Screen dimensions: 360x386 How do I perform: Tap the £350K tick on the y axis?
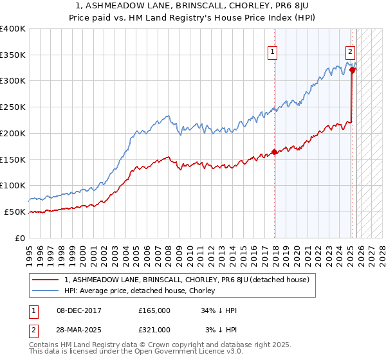click(x=13, y=55)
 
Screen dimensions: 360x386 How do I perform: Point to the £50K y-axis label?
click(x=15, y=212)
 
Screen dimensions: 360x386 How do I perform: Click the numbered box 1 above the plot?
click(x=272, y=53)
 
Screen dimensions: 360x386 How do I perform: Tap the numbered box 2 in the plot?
click(x=350, y=53)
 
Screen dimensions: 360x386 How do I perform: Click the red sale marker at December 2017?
click(x=275, y=152)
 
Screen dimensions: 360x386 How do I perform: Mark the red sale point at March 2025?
click(x=353, y=70)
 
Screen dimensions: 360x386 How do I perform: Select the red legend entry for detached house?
click(x=187, y=280)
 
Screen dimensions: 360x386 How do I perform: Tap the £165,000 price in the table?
click(x=154, y=310)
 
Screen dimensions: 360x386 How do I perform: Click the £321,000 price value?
click(x=154, y=329)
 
